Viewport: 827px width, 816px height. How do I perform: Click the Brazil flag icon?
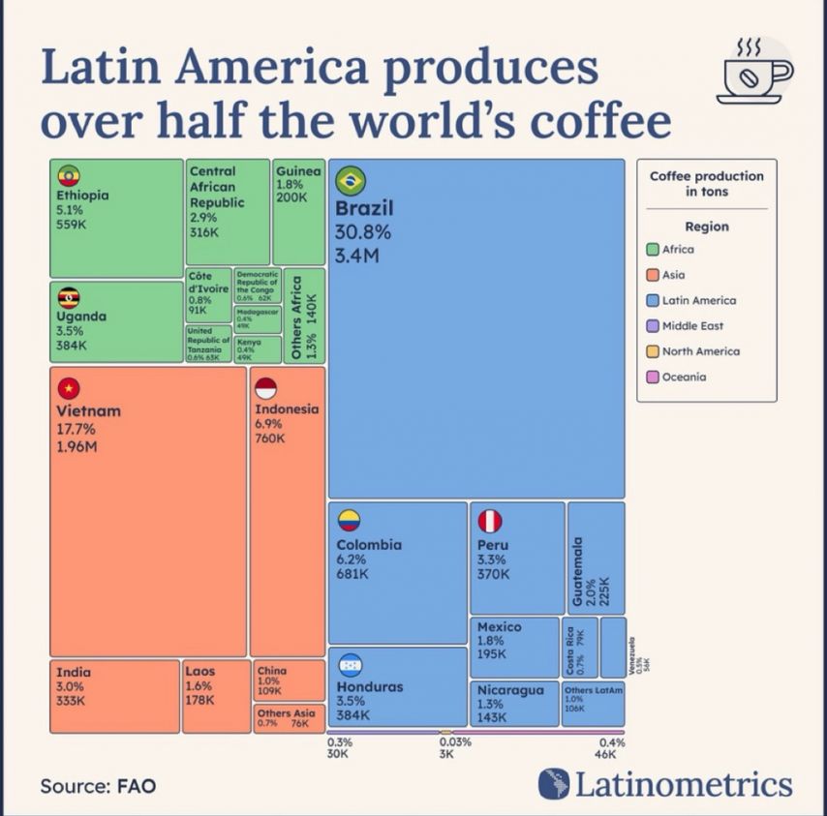click(x=350, y=179)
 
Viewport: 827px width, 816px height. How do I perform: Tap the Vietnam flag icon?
click(x=68, y=388)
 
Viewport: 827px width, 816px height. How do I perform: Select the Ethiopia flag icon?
click(x=68, y=175)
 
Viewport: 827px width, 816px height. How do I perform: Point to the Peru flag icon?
click(x=490, y=521)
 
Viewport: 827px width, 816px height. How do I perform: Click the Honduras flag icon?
click(x=350, y=665)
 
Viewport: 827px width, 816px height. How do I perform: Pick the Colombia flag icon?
click(x=350, y=521)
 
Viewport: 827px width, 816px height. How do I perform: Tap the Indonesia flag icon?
click(x=266, y=388)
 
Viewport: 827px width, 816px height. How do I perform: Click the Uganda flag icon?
click(x=68, y=297)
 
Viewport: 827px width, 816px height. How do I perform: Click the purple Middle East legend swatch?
click(x=653, y=326)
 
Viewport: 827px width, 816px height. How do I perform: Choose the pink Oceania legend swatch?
click(x=653, y=378)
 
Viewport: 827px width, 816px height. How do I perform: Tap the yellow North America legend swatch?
click(x=653, y=351)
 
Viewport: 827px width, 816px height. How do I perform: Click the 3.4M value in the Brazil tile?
click(x=356, y=256)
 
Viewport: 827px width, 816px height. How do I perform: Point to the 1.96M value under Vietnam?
click(x=77, y=446)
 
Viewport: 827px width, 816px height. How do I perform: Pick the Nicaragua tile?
click(x=514, y=704)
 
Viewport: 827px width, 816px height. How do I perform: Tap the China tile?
click(x=288, y=680)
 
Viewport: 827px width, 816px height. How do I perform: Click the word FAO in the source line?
click(x=137, y=785)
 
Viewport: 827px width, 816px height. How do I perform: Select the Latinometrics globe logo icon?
click(x=554, y=784)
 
